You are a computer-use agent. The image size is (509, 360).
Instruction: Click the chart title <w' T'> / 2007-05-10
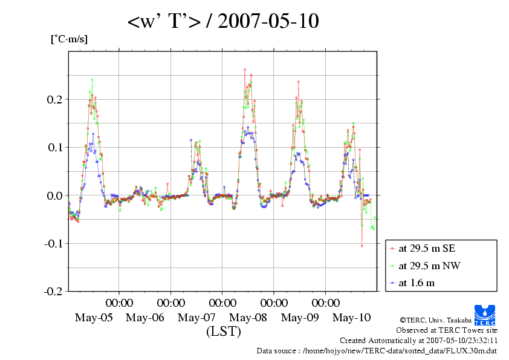pos(223,22)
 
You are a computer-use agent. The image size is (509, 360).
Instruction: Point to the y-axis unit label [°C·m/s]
pos(69,39)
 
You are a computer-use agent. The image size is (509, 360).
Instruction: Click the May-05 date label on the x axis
pos(94,318)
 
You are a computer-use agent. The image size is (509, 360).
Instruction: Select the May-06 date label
pos(145,318)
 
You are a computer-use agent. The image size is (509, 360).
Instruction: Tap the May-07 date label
pos(196,318)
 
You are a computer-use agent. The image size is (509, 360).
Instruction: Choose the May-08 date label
pos(248,318)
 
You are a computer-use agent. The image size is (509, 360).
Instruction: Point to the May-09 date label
pos(300,318)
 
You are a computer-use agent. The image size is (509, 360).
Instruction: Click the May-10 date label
pos(351,318)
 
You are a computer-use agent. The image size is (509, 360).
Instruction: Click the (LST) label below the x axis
pos(223,332)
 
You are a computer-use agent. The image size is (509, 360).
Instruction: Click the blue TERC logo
pos(485,313)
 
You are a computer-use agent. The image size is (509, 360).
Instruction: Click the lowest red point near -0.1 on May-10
pos(362,246)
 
